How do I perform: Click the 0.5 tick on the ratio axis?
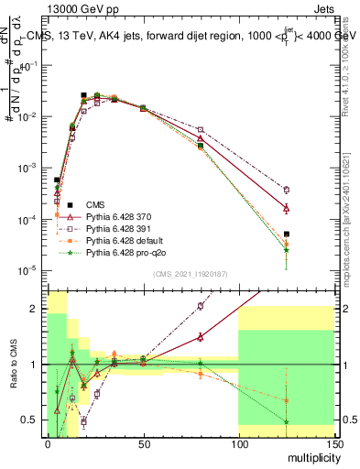click(33, 420)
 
